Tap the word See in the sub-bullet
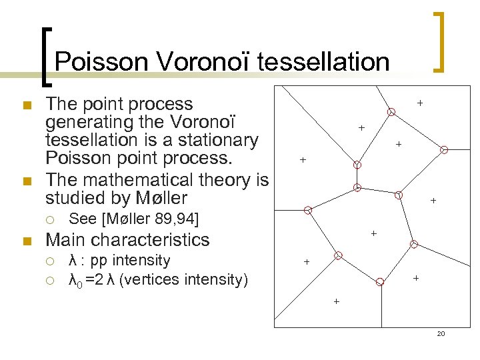tap(83, 218)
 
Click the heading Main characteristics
tap(127, 239)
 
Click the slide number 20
tap(440, 333)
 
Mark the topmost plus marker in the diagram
tap(420, 103)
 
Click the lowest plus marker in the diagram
tap(336, 302)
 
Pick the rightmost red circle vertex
tap(445, 150)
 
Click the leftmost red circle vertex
tap(308, 210)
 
